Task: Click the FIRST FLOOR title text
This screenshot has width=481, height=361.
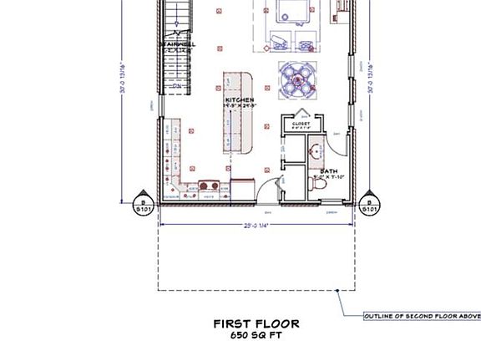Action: coord(256,323)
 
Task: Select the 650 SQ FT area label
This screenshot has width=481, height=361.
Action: coord(256,335)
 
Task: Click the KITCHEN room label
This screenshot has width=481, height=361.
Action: coord(239,101)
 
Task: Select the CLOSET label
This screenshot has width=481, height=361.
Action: coord(301,124)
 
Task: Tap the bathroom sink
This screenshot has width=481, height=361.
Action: coord(316,152)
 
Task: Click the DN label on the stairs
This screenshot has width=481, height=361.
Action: coord(177,85)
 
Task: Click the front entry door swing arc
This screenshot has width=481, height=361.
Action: coord(266,190)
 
